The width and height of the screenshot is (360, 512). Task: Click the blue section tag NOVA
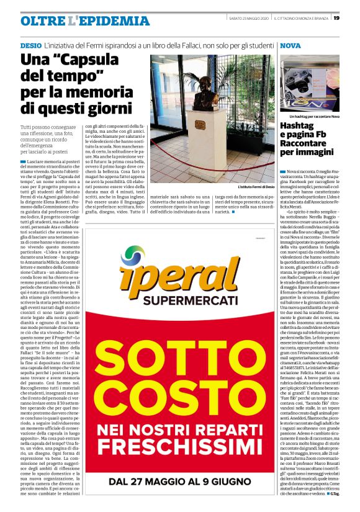(x=290, y=46)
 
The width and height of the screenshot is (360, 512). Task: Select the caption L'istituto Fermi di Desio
(x=256, y=186)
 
